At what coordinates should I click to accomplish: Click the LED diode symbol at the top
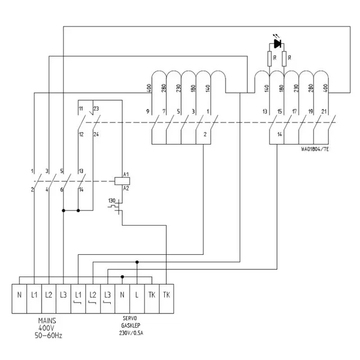[277, 43]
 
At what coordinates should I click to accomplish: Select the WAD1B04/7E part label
[314, 149]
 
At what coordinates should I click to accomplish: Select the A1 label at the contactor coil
[127, 174]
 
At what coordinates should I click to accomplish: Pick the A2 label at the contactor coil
[127, 188]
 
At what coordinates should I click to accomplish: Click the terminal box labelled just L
[137, 294]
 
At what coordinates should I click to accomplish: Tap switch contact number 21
[324, 112]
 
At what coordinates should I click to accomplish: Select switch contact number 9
[148, 111]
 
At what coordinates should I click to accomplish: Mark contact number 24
[96, 134]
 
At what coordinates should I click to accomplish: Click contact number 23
[96, 108]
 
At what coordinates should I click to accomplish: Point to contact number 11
[81, 108]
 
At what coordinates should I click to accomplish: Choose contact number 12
[81, 134]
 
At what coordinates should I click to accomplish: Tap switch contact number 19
[309, 112]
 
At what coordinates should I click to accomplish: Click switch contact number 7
[163, 111]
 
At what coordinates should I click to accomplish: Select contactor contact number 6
[62, 190]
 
